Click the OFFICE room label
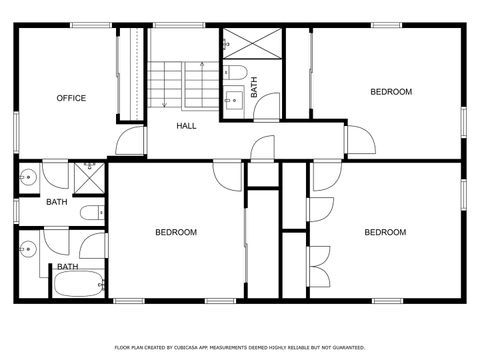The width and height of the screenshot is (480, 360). pyautogui.click(x=71, y=98)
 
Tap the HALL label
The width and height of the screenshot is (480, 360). pyautogui.click(x=186, y=126)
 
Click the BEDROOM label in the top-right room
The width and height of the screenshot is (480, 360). pyautogui.click(x=391, y=92)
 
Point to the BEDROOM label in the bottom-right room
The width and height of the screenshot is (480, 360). pyautogui.click(x=385, y=233)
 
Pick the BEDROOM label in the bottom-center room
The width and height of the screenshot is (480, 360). pyautogui.click(x=176, y=233)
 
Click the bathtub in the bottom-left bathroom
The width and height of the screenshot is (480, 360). pyautogui.click(x=76, y=286)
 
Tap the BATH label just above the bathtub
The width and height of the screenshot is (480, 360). pyautogui.click(x=68, y=267)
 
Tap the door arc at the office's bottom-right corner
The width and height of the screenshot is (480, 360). pyautogui.click(x=131, y=140)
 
